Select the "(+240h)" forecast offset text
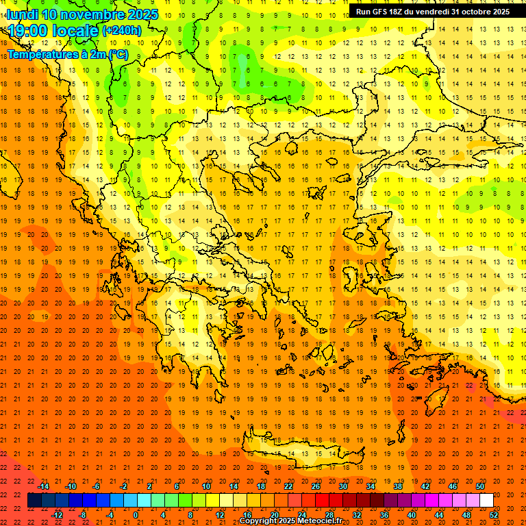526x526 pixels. (122, 31)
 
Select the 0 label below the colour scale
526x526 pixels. (136, 515)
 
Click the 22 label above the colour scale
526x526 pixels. (288, 486)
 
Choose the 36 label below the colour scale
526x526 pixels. (384, 515)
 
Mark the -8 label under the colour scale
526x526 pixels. (82, 515)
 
